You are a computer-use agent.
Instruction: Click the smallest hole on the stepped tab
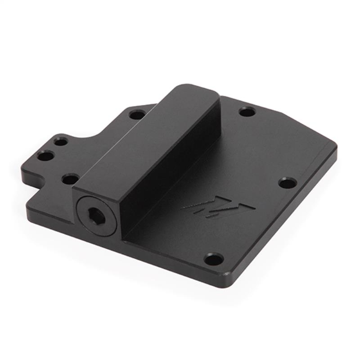point(61,141)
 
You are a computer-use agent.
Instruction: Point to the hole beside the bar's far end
point(247,111)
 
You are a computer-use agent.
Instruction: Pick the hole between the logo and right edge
point(287,183)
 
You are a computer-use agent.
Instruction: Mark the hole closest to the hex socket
point(70,179)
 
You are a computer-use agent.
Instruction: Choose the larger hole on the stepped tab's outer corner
point(45,156)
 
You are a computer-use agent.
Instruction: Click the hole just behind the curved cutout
point(137,114)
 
